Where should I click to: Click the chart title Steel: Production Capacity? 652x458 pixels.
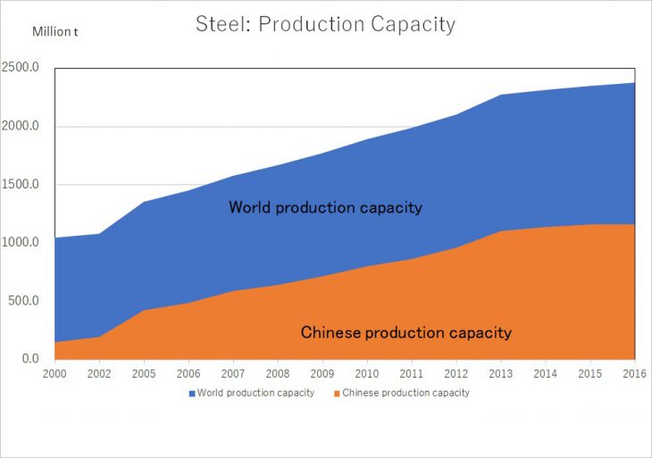click(325, 24)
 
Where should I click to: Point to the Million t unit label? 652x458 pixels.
click(54, 31)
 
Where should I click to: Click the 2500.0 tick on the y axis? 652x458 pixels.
click(21, 69)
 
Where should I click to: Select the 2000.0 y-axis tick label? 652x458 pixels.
click(21, 127)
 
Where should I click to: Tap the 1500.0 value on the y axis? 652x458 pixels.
click(21, 185)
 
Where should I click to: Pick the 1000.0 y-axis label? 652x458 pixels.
click(21, 243)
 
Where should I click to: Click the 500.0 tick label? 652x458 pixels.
click(24, 301)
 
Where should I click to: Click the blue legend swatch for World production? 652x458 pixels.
click(191, 393)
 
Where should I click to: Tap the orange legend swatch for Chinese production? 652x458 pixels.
click(337, 393)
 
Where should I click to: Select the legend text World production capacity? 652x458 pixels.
click(255, 393)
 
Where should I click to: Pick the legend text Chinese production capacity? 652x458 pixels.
click(405, 393)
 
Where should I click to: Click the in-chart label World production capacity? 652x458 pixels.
click(325, 207)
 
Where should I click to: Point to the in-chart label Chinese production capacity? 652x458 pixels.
click(406, 333)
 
